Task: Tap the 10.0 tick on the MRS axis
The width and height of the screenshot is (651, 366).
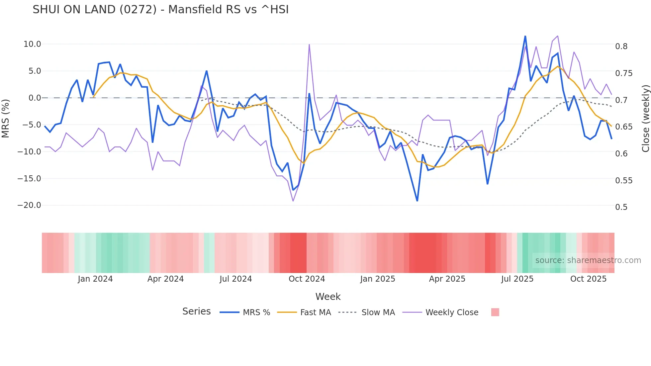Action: pyautogui.click(x=32, y=44)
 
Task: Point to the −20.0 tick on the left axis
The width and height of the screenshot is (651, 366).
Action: pyautogui.click(x=29, y=205)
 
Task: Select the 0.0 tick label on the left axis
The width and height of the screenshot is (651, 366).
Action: pyautogui.click(x=35, y=98)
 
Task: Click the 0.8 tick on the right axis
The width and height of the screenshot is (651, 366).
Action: pyautogui.click(x=621, y=46)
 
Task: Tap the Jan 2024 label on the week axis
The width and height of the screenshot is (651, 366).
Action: pyautogui.click(x=95, y=279)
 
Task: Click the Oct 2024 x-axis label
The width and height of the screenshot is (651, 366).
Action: pyautogui.click(x=307, y=279)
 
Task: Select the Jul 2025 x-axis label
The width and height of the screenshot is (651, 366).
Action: pyautogui.click(x=517, y=279)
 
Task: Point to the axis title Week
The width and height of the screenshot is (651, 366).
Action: pyautogui.click(x=328, y=297)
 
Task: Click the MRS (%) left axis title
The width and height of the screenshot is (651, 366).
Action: pyautogui.click(x=5, y=118)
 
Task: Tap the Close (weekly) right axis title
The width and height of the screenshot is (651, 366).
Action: pyautogui.click(x=645, y=119)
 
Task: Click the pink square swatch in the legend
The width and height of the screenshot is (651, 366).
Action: pyautogui.click(x=495, y=312)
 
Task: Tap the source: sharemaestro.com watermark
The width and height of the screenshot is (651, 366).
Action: pyautogui.click(x=588, y=260)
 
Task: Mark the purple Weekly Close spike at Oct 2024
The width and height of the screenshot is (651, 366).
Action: pyautogui.click(x=309, y=45)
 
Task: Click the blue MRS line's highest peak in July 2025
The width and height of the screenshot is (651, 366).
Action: pyautogui.click(x=525, y=36)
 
